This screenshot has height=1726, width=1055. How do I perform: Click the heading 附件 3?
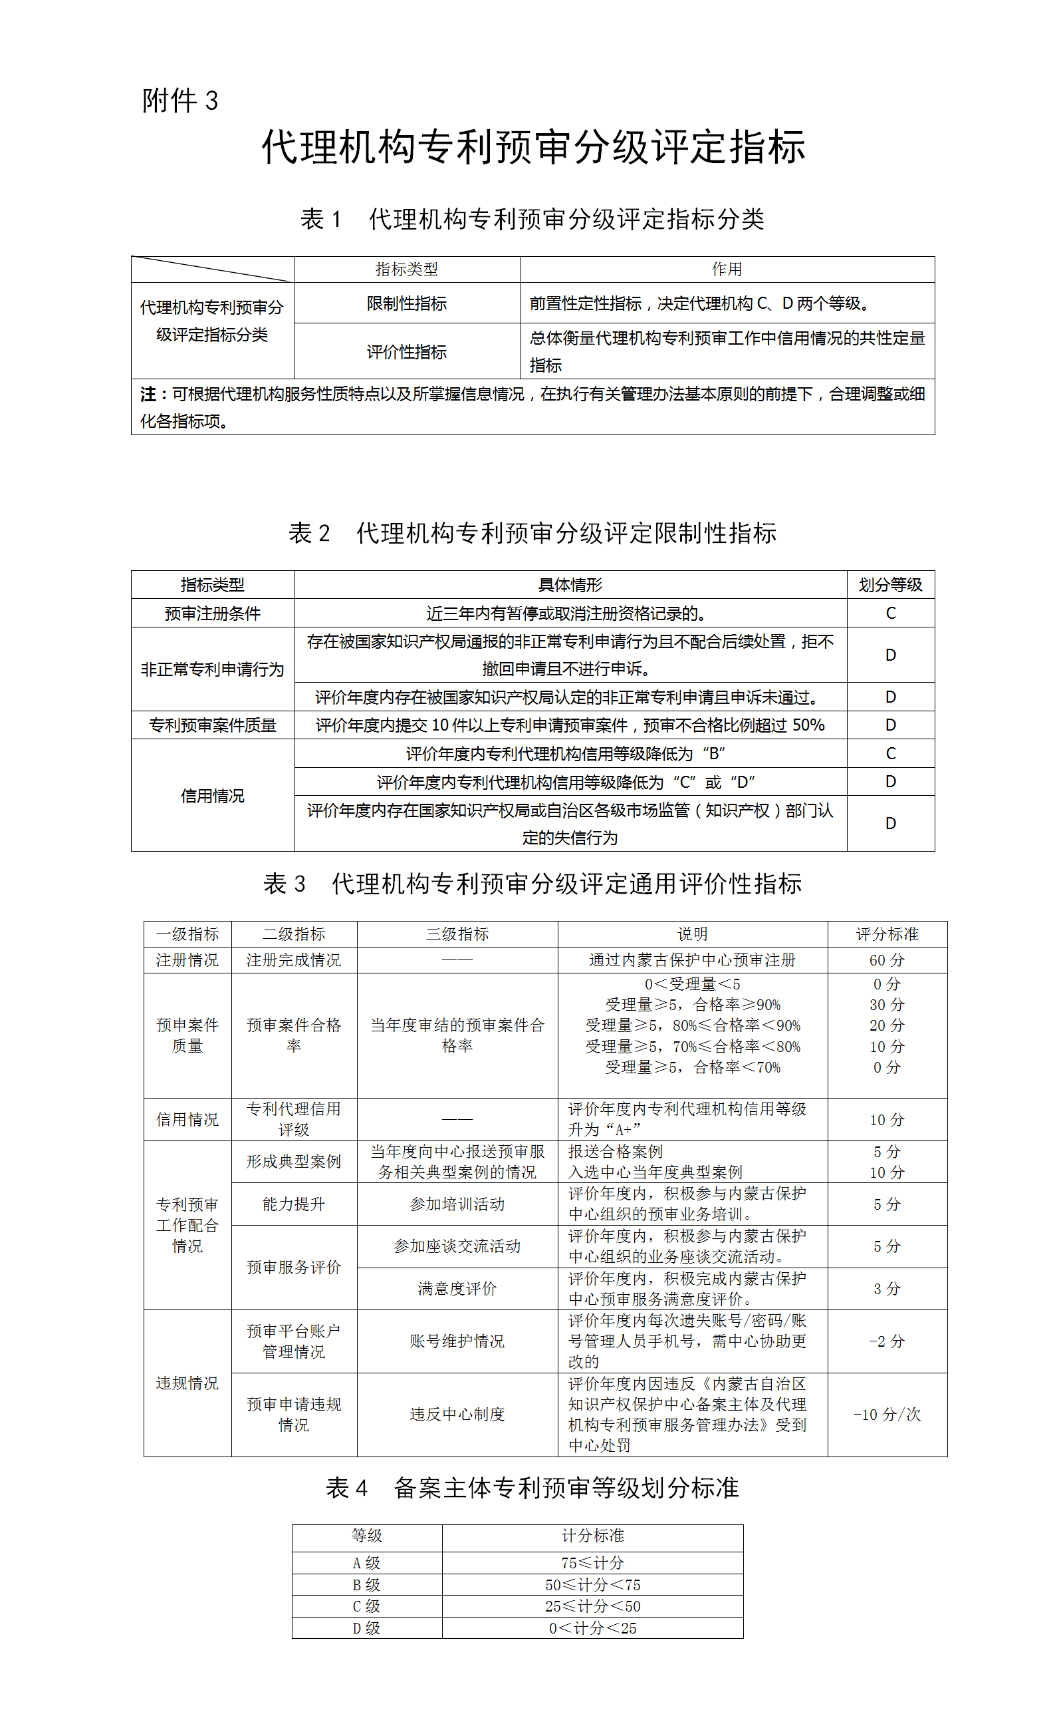click(x=180, y=100)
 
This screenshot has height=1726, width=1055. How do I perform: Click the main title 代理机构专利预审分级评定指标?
click(x=533, y=147)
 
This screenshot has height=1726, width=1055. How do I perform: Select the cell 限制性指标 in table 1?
click(x=406, y=303)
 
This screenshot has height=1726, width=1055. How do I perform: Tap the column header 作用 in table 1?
click(x=727, y=269)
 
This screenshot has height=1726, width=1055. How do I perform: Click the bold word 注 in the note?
click(x=148, y=395)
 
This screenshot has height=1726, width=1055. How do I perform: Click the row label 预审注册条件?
click(x=212, y=613)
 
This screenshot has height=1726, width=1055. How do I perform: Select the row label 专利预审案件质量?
click(x=212, y=725)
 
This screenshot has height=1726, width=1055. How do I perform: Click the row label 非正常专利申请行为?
click(x=212, y=669)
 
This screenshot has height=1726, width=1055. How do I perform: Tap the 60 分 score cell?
click(x=886, y=959)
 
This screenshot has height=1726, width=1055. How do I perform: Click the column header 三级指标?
click(x=457, y=934)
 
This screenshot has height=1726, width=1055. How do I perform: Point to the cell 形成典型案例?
click(x=293, y=1161)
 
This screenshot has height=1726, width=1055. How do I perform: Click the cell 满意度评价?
click(x=457, y=1288)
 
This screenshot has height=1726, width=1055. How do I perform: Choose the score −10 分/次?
click(x=886, y=1415)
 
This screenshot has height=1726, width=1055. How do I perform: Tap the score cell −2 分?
click(x=886, y=1341)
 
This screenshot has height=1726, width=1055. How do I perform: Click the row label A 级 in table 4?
click(x=366, y=1563)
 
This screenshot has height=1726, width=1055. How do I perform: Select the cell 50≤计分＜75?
click(x=592, y=1584)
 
